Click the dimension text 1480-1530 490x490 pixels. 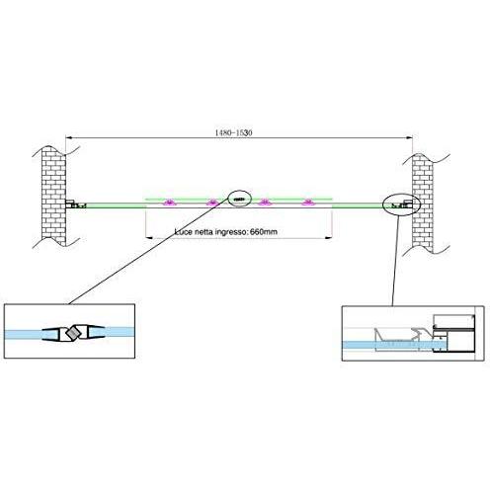pyautogui.click(x=233, y=132)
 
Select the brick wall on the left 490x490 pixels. pyautogui.click(x=54, y=197)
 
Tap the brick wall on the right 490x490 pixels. pyautogui.click(x=423, y=204)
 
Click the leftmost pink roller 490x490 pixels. pyautogui.click(x=170, y=203)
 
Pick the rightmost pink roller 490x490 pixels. pyautogui.click(x=308, y=203)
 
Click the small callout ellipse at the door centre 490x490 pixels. pyautogui.click(x=239, y=199)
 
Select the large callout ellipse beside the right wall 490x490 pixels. pyautogui.click(x=401, y=204)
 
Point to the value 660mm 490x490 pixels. pyautogui.click(x=264, y=232)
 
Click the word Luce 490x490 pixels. pyautogui.click(x=184, y=232)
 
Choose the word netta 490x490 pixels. pyautogui.click(x=204, y=232)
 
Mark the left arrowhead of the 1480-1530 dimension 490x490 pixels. pyautogui.click(x=69, y=138)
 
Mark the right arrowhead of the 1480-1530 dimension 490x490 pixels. pyautogui.click(x=409, y=138)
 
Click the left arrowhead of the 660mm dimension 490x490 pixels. pyautogui.click(x=149, y=238)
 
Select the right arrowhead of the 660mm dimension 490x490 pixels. pyautogui.click(x=328, y=238)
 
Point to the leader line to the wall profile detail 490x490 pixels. pyautogui.click(x=395, y=261)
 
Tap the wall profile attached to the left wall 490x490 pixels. pyautogui.click(x=76, y=204)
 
